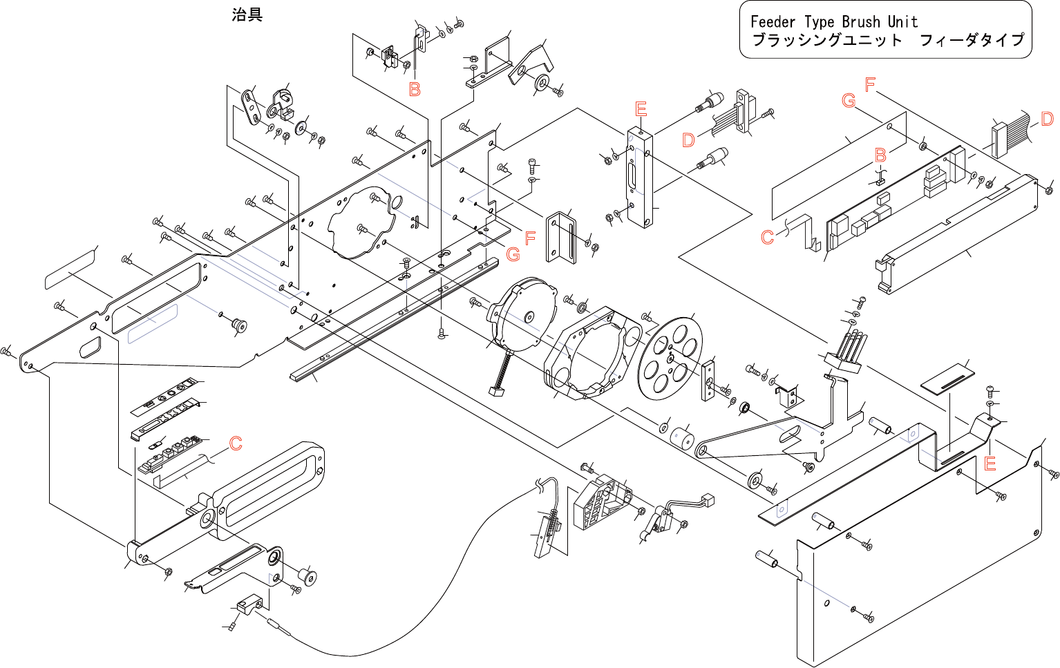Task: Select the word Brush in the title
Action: click(x=860, y=22)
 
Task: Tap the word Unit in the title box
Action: click(x=902, y=22)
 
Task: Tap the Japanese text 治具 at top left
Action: click(x=247, y=15)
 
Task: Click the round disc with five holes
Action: click(x=669, y=358)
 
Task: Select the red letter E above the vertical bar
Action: click(x=641, y=109)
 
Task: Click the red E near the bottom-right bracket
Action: click(x=990, y=464)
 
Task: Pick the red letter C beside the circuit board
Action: click(x=767, y=237)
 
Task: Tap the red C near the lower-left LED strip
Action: click(x=236, y=443)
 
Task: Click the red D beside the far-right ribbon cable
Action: click(x=1047, y=119)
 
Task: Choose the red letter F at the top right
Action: click(x=870, y=84)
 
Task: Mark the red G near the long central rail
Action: click(x=513, y=254)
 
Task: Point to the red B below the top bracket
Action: click(x=415, y=89)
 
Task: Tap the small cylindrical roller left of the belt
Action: click(x=682, y=438)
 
